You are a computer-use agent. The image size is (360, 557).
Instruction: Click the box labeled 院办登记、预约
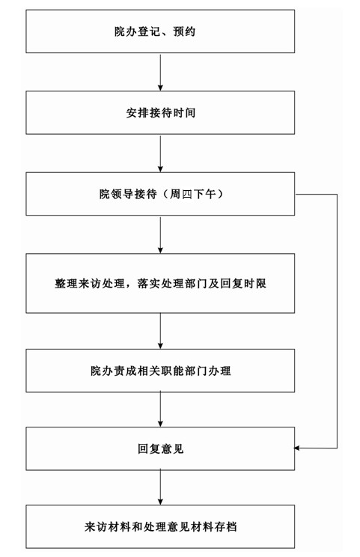click(x=160, y=31)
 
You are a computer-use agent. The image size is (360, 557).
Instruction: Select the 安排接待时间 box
click(x=160, y=112)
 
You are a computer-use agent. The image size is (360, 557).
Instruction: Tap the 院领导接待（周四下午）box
click(x=160, y=194)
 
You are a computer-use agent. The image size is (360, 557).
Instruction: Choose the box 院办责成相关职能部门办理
click(x=160, y=371)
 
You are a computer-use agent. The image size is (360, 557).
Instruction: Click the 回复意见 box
click(x=160, y=448)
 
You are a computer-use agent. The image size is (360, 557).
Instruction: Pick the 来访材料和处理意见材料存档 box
click(x=160, y=526)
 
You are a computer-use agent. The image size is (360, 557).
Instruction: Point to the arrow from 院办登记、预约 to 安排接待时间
click(x=160, y=72)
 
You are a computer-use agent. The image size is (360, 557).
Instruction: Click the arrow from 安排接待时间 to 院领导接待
click(x=160, y=153)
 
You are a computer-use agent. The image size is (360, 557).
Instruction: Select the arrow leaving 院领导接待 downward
click(x=160, y=234)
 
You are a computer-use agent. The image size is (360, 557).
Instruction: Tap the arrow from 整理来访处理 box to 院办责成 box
click(x=160, y=331)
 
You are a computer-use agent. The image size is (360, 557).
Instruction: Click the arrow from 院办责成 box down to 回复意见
click(x=160, y=410)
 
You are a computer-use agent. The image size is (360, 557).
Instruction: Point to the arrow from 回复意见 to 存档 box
click(x=160, y=487)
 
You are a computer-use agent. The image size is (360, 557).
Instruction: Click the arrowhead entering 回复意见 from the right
click(x=297, y=448)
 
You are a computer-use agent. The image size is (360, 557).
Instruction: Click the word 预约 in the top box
click(x=184, y=31)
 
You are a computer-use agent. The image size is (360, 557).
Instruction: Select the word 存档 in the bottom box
click(x=225, y=526)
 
